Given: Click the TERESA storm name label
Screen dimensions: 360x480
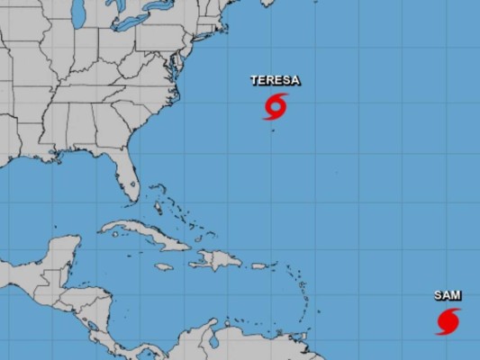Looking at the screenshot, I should pyautogui.click(x=275, y=81).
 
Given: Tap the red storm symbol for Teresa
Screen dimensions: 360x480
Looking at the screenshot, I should pyautogui.click(x=276, y=106).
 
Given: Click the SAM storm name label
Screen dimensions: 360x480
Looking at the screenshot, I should pyautogui.click(x=448, y=295).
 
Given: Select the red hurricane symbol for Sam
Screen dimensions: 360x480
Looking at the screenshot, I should pyautogui.click(x=448, y=320).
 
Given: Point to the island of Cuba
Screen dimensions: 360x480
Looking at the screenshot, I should pyautogui.click(x=144, y=232).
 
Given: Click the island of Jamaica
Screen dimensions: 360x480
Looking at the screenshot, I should pyautogui.click(x=163, y=266).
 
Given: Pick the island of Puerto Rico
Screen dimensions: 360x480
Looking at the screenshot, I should pyautogui.click(x=259, y=265).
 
